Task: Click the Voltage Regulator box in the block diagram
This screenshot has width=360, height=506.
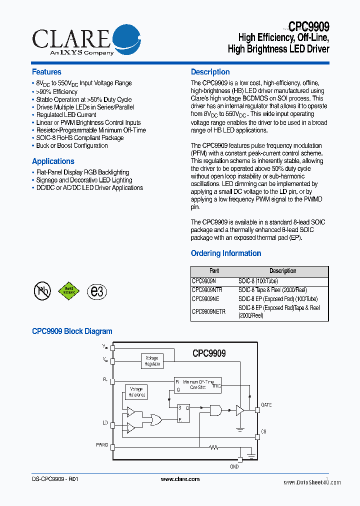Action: (x=151, y=361)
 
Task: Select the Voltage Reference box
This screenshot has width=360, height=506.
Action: (x=136, y=392)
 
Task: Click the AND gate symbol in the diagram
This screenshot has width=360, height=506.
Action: (x=216, y=410)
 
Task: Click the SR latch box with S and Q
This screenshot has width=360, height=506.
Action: (x=183, y=413)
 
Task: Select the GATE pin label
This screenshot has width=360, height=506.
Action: (x=266, y=404)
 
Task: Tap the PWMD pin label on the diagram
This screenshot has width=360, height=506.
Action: (x=102, y=444)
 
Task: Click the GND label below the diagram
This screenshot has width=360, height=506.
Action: (x=234, y=466)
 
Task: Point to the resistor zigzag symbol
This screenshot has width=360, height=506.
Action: (x=215, y=447)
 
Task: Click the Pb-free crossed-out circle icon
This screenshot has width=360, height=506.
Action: (x=42, y=290)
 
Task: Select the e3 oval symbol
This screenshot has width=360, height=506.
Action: (x=96, y=291)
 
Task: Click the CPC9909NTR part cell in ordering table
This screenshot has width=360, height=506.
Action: (x=207, y=290)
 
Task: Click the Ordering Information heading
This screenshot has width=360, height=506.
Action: (x=226, y=253)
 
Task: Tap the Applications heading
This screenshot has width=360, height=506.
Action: (x=53, y=161)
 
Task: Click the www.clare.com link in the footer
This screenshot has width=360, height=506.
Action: (x=180, y=479)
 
